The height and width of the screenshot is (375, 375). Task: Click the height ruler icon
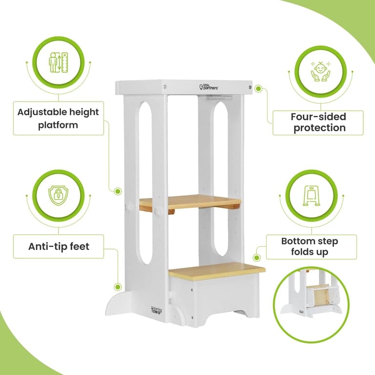(x=59, y=62)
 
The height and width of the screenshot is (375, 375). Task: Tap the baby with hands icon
(x=320, y=71)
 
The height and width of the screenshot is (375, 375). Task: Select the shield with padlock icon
(x=59, y=196)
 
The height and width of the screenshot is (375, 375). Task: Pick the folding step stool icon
(x=312, y=196)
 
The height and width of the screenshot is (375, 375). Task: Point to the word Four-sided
(x=318, y=117)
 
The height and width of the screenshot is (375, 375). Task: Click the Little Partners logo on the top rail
(x=208, y=87)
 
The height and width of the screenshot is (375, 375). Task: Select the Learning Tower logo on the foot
(x=156, y=311)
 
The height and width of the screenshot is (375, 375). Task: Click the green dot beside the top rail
(x=258, y=89)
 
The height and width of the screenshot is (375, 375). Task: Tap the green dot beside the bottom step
(x=257, y=258)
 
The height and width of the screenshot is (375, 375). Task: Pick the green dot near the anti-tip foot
(x=117, y=287)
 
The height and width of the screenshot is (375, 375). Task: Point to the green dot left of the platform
(x=118, y=191)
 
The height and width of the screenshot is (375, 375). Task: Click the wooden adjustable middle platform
(x=190, y=202)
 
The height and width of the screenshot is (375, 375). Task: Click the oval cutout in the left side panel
(x=145, y=183)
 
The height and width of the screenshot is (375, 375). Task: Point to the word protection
(x=319, y=128)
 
